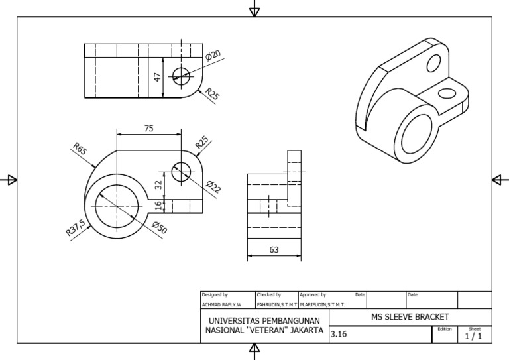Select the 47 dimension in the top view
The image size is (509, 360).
158,77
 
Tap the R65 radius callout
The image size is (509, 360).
80,150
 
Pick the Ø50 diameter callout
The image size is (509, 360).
159,228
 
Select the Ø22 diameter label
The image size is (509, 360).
213,187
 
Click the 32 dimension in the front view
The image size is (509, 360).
158,185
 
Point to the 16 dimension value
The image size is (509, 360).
158,206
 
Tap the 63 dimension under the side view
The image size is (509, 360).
274,250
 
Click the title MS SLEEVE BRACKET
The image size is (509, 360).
411,317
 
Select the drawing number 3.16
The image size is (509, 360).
339,335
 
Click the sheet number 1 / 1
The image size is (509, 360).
474,336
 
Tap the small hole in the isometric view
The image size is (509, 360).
434,64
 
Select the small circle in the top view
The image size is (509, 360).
180,74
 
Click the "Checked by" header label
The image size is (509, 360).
268,294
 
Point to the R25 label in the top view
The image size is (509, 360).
211,94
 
